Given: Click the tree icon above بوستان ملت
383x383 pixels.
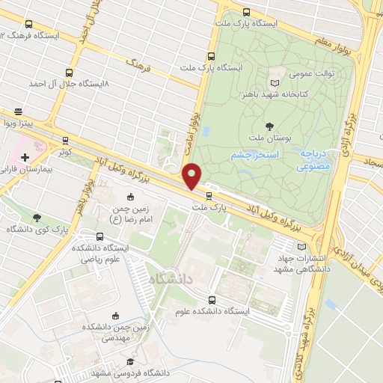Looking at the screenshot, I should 269,126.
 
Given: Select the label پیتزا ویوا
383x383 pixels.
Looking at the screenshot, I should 16,122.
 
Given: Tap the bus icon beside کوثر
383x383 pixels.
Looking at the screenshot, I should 65,140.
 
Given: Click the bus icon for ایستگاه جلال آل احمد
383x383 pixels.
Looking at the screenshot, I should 70,73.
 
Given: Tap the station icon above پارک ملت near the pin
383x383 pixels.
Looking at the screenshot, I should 198,196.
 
